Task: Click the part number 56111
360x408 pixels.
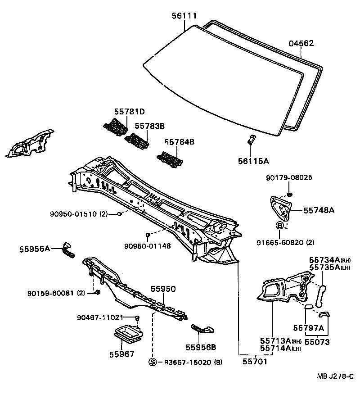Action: tap(184, 16)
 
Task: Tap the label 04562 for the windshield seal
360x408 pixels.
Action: tap(301, 43)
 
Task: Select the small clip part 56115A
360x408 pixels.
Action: tap(252, 140)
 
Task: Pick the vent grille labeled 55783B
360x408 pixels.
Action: tap(138, 141)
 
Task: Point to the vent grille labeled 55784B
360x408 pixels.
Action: tap(170, 158)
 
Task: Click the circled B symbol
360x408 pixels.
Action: tap(279, 226)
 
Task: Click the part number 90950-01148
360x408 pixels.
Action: tap(147, 246)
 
